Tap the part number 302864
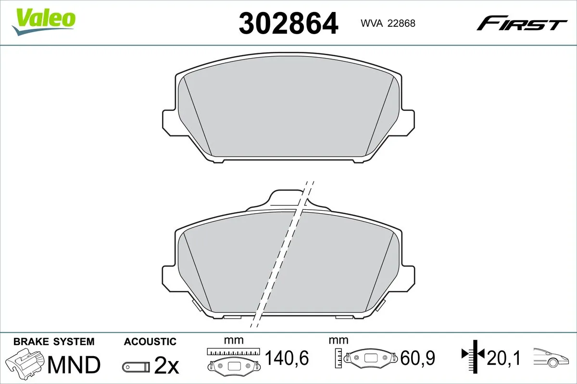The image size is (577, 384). point(288,23)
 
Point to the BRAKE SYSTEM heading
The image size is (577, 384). point(54,342)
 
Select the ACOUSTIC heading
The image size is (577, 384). point(150,342)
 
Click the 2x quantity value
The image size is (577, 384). point(166,367)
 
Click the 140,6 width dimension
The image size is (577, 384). point(287,358)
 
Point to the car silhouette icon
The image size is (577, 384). point(553,357)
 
